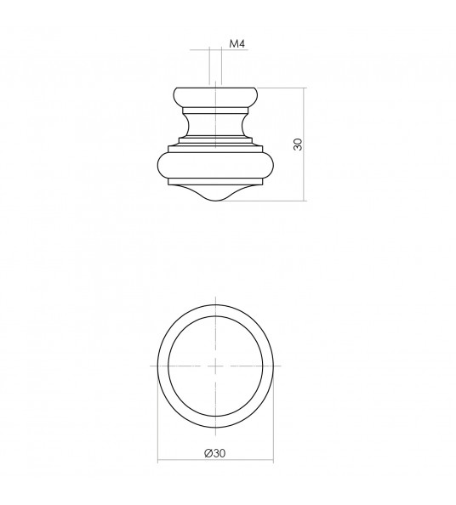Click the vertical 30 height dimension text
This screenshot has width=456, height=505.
pos(298,143)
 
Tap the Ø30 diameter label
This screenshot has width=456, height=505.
pos(214,453)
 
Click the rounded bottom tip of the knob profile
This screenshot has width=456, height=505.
pos(216,198)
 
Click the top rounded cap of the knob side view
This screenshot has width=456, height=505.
pos(216,94)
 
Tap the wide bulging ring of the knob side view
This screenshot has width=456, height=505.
pos(216,167)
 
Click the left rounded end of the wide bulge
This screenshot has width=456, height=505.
pos(160,167)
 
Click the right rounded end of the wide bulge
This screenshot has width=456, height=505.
pos(272,167)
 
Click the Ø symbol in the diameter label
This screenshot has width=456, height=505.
pos(208,453)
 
